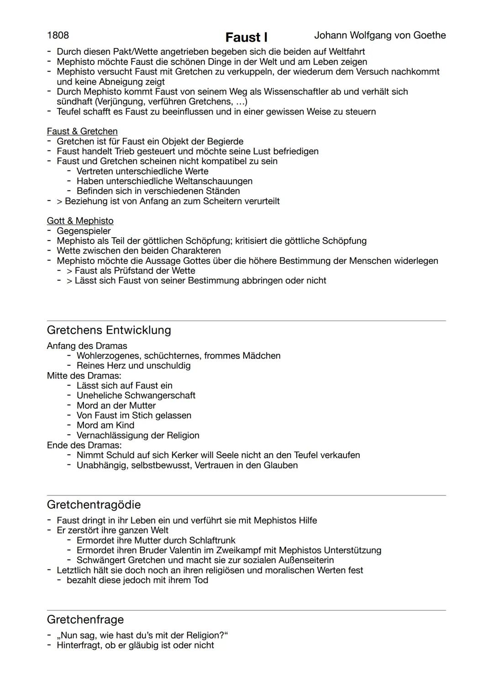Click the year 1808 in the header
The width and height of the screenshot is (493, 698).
(58, 36)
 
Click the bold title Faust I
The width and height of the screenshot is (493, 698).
(246, 37)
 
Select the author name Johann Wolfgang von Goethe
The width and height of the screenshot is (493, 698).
(380, 36)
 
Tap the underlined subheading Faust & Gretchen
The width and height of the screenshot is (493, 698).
(82, 132)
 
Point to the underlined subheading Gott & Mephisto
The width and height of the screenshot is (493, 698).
(80, 221)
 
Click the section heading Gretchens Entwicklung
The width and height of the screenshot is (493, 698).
(109, 330)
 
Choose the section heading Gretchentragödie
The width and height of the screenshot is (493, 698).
(94, 505)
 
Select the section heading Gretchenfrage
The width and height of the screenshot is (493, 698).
(85, 619)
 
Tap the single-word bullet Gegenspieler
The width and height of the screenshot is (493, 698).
(84, 231)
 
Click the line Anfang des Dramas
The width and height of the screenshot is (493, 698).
(87, 346)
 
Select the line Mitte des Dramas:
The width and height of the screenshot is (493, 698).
(84, 376)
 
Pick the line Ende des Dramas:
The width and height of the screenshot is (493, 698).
(84, 445)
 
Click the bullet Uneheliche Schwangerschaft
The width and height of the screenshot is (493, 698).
(136, 395)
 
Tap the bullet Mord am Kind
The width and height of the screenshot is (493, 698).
(105, 425)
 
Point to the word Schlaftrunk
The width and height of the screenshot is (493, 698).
(212, 540)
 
